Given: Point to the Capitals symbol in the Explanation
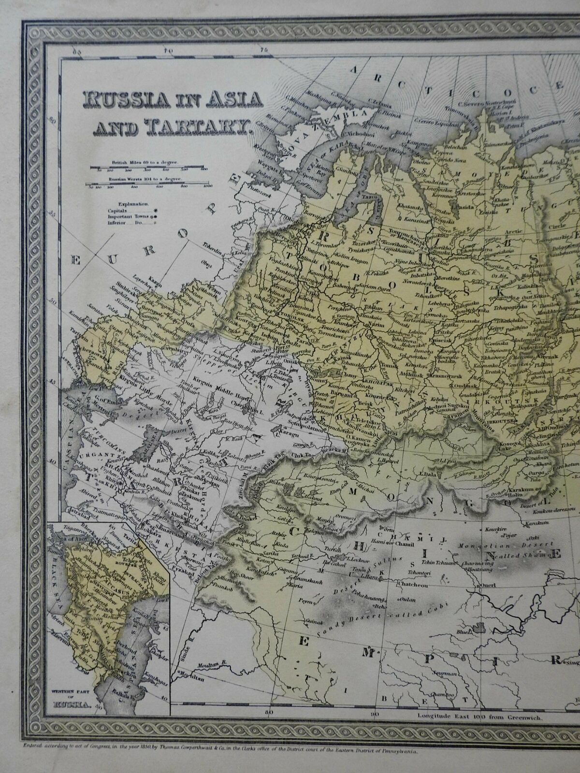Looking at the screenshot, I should [x=156, y=211].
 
